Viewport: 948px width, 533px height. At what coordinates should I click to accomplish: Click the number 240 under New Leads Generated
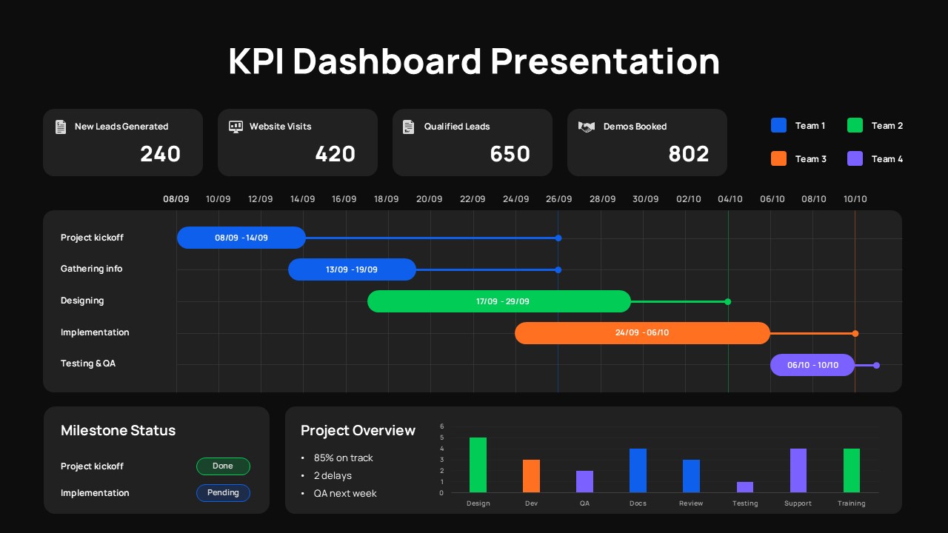click(160, 154)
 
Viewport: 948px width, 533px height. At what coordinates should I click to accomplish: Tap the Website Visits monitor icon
click(236, 127)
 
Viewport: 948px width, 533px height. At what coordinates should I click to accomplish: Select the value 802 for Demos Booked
click(688, 154)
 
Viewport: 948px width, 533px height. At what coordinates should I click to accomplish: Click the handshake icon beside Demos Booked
click(586, 127)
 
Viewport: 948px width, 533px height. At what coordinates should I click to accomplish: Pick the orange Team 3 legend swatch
click(778, 158)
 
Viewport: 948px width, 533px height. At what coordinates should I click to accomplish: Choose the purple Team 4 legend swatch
click(855, 158)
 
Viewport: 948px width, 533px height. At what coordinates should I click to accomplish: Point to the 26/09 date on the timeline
click(558, 199)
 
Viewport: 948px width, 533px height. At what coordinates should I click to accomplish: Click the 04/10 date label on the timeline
click(730, 199)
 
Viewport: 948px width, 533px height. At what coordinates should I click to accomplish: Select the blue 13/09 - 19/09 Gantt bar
click(352, 269)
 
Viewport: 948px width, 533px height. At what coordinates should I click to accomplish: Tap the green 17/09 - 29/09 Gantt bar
click(498, 301)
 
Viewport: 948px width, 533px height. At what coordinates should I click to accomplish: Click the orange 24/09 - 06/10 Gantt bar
click(641, 333)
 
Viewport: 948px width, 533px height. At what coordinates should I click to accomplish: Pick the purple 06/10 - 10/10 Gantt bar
click(812, 365)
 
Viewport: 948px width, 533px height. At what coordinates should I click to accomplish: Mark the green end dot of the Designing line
click(728, 301)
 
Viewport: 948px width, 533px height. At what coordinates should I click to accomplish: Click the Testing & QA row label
click(88, 363)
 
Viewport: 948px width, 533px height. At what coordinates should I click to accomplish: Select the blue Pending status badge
click(223, 493)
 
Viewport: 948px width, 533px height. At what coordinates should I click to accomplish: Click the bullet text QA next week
click(344, 494)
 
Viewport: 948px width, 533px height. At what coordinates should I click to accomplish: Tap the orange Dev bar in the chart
click(531, 476)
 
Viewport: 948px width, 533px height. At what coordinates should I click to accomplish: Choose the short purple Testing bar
click(744, 487)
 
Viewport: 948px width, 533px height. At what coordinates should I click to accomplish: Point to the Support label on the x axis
click(798, 503)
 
